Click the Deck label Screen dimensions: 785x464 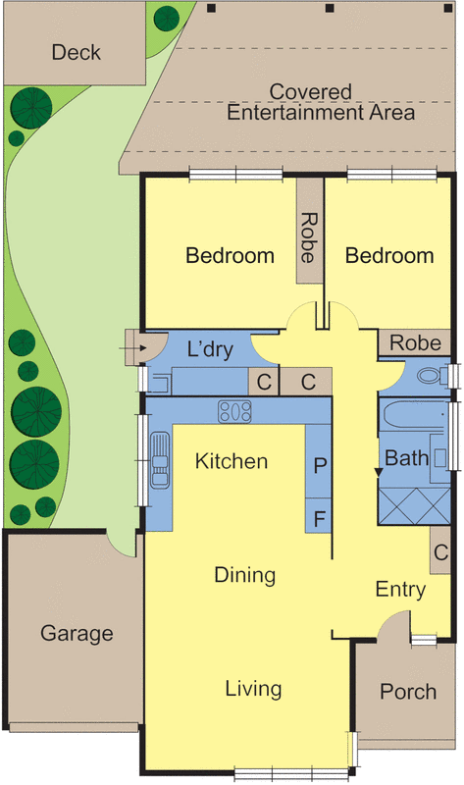77,52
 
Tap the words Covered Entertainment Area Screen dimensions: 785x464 321,102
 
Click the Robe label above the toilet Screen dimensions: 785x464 414,343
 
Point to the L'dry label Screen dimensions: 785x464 211,348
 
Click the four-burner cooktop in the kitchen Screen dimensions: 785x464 235,411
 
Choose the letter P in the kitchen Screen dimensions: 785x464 319,465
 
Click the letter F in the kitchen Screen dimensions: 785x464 319,514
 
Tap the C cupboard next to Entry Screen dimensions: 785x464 439,552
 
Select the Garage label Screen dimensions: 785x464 77,634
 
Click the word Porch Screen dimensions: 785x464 407,692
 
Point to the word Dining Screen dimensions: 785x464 245,575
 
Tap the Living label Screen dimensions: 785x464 253,689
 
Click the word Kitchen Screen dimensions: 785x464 232,461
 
